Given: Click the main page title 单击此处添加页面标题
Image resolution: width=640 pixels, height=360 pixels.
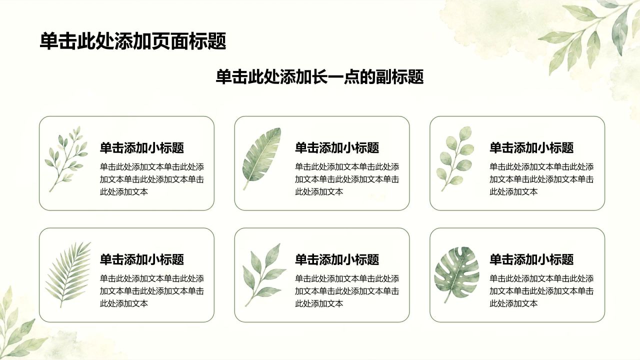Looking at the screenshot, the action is pos(133,41).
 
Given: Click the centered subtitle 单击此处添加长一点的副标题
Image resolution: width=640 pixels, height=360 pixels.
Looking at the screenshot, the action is pos(319,77).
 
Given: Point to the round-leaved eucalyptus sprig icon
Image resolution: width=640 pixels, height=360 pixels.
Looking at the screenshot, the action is pos(455,158).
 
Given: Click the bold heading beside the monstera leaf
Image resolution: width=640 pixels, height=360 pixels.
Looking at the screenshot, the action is pos(531,259).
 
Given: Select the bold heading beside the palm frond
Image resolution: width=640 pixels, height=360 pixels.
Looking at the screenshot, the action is pos(141,259).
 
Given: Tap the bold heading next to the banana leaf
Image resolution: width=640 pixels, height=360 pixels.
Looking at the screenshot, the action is pos(337,147).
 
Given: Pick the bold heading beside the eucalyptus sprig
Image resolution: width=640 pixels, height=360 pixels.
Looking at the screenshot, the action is pos(531,147).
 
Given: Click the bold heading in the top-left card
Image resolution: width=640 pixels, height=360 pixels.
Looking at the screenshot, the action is pos(141,147).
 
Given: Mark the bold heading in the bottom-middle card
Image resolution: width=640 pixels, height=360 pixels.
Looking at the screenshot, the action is pos(337,259).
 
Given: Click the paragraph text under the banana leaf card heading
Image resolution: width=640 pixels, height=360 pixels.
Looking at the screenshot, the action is pos(347,179).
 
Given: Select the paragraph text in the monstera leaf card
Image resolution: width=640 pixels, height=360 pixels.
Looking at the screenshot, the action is pos(541,291).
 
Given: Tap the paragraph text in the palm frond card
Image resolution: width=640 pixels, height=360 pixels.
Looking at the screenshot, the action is pos(151,291).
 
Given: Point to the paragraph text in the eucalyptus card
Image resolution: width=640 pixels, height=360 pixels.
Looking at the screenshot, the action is pos(541,179).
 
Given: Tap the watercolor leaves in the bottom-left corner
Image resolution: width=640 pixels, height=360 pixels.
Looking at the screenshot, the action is pos(20,325).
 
